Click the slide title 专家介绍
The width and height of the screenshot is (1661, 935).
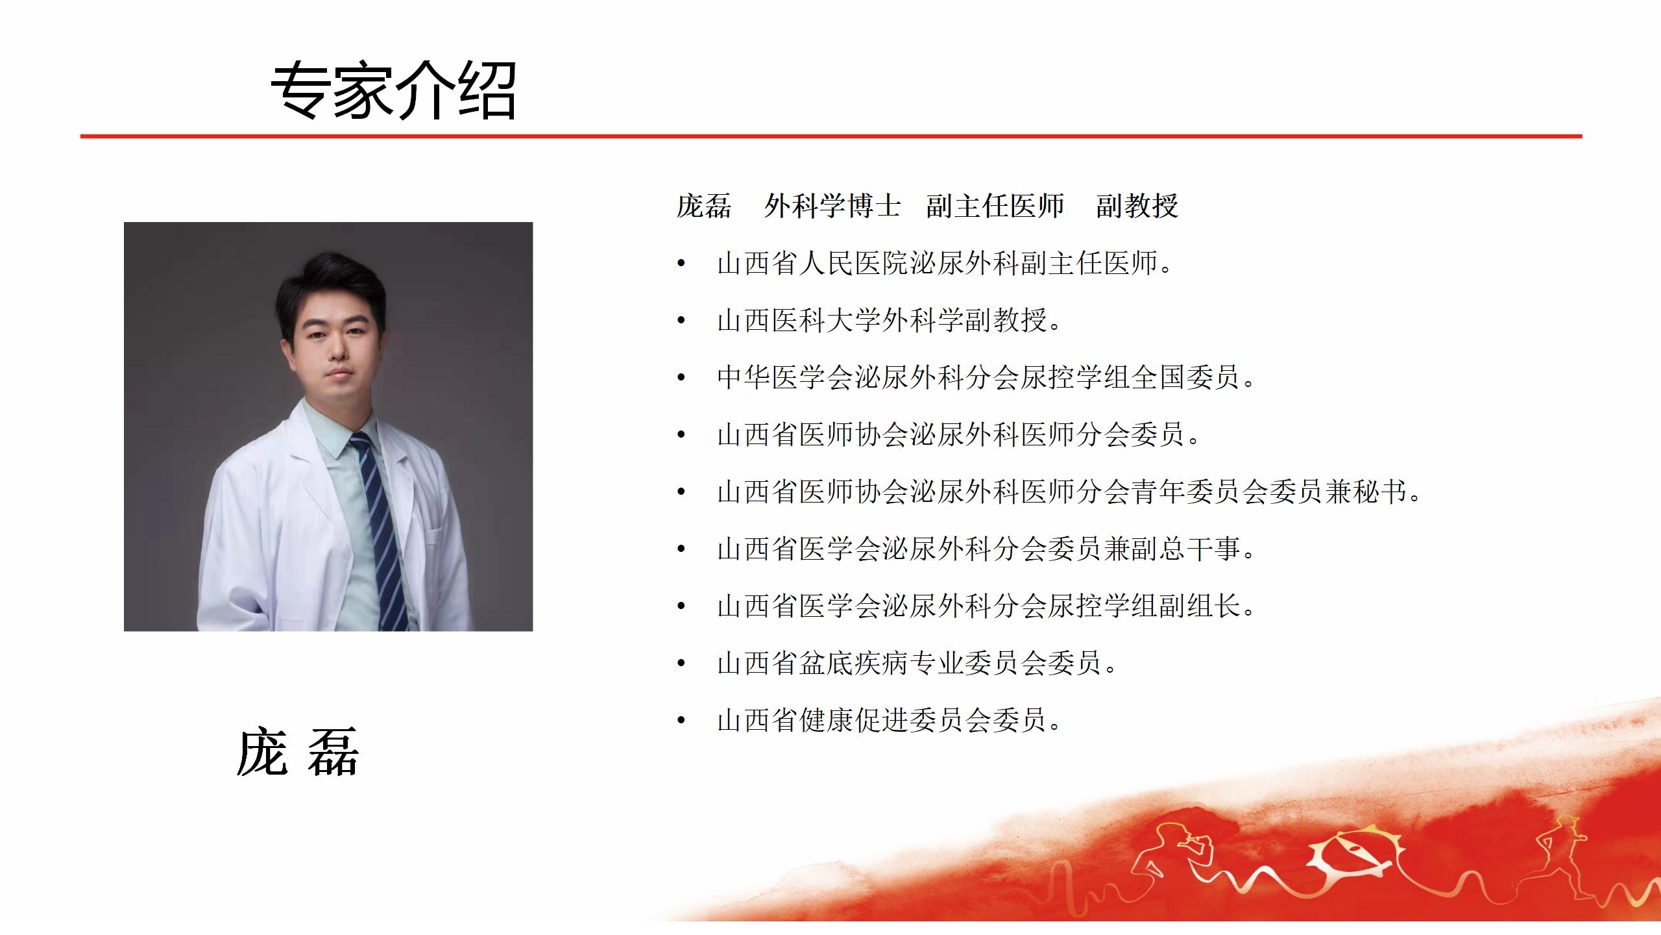393,90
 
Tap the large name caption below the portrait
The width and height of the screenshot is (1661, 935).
298,753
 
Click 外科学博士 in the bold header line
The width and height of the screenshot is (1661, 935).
832,206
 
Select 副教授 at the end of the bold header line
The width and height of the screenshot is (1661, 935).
1137,206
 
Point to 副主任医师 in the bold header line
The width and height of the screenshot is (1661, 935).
995,206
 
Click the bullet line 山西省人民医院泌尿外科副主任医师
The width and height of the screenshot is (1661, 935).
945,263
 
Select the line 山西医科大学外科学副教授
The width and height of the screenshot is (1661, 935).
889,320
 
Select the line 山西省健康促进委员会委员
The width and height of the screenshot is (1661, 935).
889,720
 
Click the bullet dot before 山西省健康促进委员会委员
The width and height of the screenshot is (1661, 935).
681,720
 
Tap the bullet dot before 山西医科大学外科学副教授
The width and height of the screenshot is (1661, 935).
681,320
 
